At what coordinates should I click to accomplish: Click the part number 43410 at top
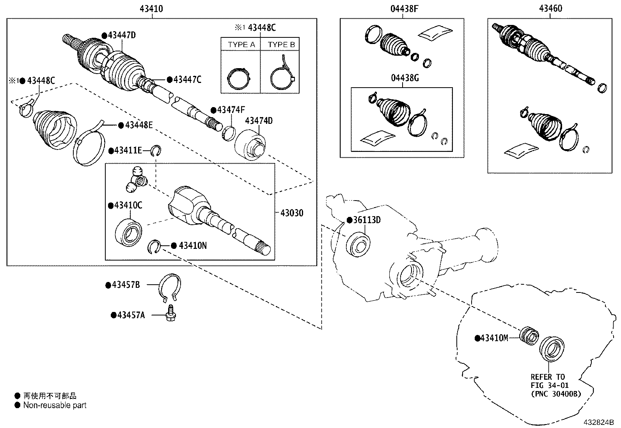pos(151,9)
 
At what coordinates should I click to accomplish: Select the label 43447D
pos(121,35)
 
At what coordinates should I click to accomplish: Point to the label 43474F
pos(233,110)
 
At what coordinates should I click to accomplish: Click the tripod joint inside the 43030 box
pos(137,180)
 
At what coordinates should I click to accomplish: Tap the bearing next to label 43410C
pos(129,232)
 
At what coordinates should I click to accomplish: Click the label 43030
pos(291,213)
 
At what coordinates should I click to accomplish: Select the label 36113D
pos(366,220)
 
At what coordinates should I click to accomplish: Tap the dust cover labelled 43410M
pos(529,335)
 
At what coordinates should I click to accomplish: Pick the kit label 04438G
pos(405,78)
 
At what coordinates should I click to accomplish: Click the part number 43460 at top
pos(550,9)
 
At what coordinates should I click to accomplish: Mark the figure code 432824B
pos(598,423)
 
